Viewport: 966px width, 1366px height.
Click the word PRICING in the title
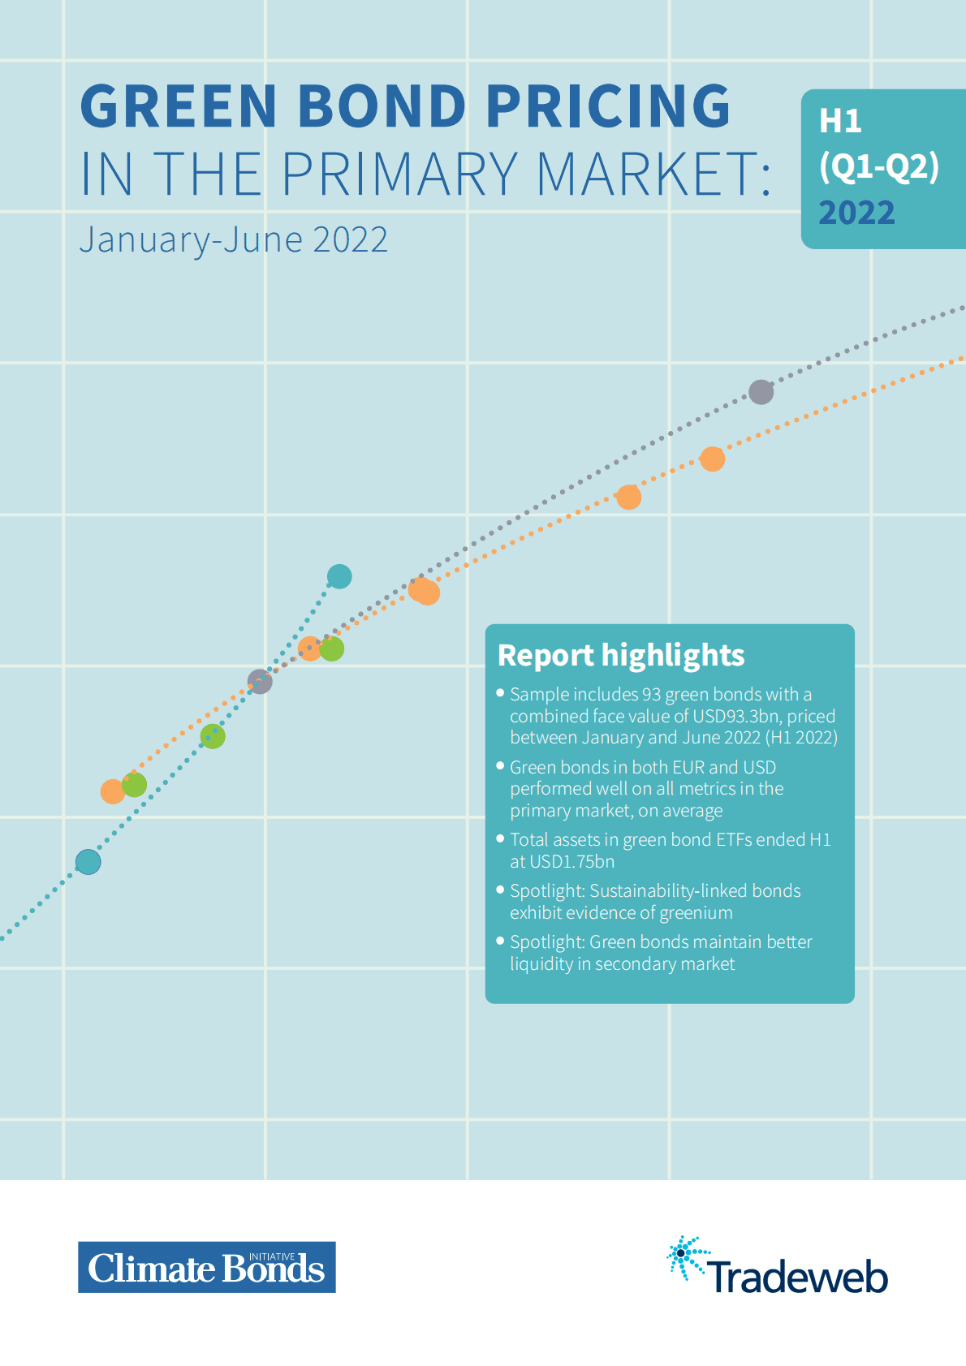coord(608,106)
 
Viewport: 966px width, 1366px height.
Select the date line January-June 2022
coord(234,239)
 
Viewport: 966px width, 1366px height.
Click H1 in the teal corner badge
coord(840,121)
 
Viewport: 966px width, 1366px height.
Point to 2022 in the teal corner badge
coord(856,213)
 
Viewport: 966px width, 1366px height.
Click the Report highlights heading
coord(621,655)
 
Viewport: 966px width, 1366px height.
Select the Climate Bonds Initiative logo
coord(207,1267)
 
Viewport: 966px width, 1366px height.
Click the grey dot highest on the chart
coord(761,392)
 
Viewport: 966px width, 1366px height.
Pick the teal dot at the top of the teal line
coord(339,576)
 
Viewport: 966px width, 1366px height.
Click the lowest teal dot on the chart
coord(88,862)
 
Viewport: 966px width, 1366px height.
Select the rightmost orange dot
coord(712,459)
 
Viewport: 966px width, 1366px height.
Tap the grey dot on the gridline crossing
coord(260,682)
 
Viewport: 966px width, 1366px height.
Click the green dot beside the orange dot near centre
coord(331,649)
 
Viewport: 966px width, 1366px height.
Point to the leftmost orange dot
coord(112,791)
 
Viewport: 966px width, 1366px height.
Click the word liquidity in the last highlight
coord(541,963)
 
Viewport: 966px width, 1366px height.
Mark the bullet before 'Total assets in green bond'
coord(501,838)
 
